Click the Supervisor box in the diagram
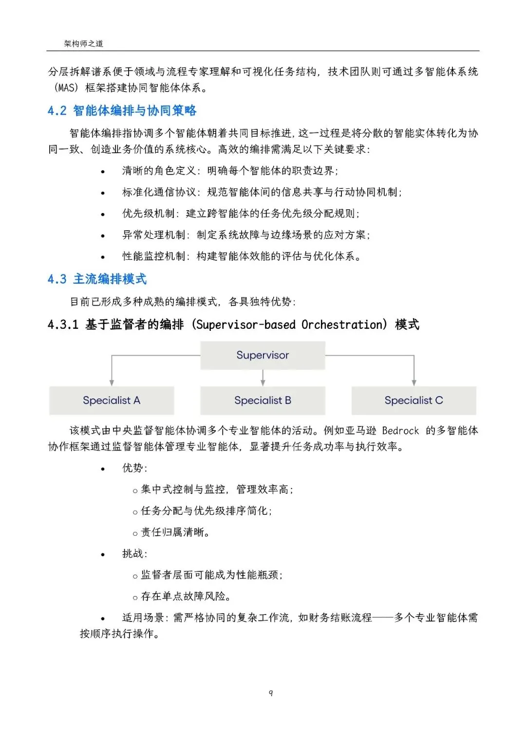263,355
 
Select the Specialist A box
112,400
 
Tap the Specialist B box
263,400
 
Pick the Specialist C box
413,400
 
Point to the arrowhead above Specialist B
263,382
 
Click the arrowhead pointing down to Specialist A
112,382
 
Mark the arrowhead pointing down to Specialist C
414,382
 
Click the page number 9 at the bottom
271,692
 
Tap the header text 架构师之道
84,44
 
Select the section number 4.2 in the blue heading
57,111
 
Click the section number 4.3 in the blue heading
57,279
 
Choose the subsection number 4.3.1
63,325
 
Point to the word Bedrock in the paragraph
400,431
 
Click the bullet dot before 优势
103,469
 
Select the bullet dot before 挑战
103,555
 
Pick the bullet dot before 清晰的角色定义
103,172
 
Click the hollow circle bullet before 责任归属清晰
135,534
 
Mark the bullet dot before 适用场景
103,619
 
